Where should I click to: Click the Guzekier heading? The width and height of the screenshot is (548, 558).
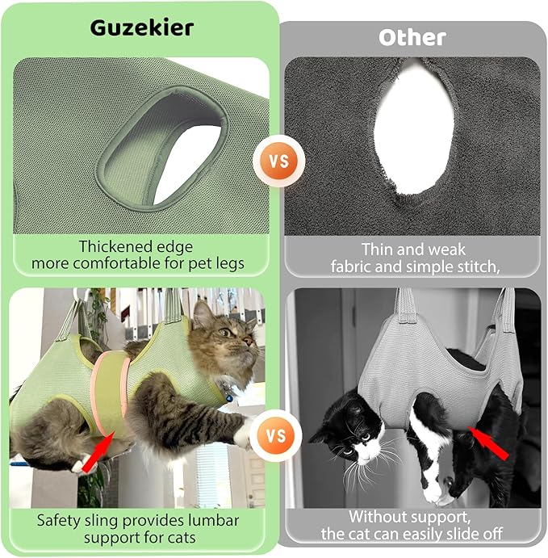click(141, 27)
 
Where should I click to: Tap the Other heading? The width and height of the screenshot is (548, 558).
click(412, 37)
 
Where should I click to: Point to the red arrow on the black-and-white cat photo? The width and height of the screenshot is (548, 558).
click(487, 443)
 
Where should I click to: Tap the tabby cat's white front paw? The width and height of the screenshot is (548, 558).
click(242, 436)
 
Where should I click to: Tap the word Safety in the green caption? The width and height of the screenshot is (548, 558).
click(58, 519)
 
